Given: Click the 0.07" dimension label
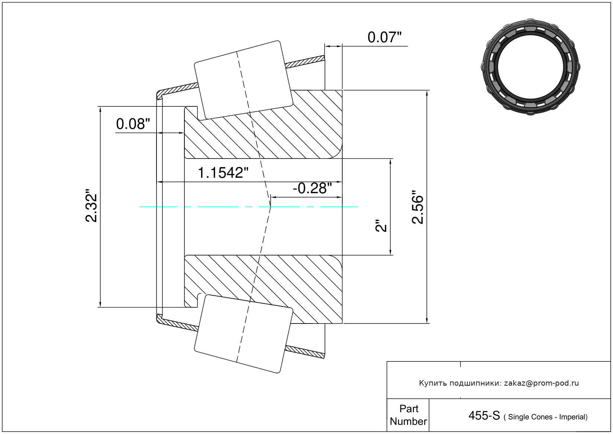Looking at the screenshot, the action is (384, 38).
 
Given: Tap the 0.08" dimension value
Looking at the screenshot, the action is (133, 124).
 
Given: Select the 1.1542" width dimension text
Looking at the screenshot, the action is (223, 173).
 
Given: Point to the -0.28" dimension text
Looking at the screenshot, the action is (312, 188).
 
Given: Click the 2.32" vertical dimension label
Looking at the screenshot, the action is (91, 205).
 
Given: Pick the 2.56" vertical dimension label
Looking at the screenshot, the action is (417, 207).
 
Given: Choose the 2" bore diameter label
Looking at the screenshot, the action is (381, 225).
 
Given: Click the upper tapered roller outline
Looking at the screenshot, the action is (243, 80).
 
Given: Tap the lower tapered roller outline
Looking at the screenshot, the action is (243, 334).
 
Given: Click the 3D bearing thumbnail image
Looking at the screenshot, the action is (530, 67).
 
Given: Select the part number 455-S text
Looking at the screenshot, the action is (484, 415).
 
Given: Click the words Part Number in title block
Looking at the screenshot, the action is (408, 415).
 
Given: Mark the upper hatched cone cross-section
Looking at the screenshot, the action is (263, 124).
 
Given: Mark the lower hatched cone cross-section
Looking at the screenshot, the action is (263, 289).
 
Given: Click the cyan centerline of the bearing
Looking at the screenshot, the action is (249, 207).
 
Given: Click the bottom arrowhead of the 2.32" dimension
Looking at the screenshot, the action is (100, 304).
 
